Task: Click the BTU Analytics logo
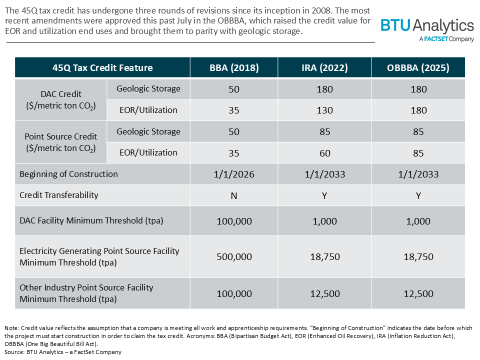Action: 427,29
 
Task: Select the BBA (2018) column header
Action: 234,67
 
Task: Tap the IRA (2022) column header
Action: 324,67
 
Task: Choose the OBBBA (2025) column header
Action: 418,67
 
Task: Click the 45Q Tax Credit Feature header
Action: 102,67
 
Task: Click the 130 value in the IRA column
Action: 324,110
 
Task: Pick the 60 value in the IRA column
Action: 324,153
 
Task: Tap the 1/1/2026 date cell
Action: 234,174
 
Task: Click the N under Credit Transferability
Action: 234,196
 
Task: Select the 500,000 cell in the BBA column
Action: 234,257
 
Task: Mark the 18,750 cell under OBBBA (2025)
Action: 418,257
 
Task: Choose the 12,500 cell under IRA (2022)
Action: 324,293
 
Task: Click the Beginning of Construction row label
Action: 68,174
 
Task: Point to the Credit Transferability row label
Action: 59,195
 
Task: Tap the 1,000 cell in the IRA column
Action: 324,221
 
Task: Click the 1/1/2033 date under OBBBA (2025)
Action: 418,174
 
